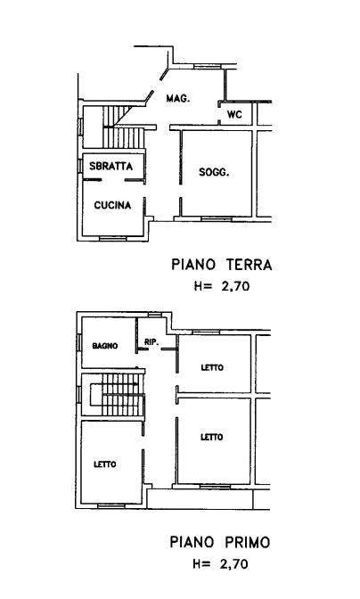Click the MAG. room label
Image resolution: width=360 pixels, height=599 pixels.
pos(178,99)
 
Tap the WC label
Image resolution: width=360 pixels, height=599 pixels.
pos(234,114)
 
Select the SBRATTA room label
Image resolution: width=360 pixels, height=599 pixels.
pos(110,166)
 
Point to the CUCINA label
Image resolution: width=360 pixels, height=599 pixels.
pos(112,205)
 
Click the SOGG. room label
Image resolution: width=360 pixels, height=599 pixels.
pos(214,173)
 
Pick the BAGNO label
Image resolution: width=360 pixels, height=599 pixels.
pos(105,346)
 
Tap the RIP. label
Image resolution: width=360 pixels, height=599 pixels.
pos(151,342)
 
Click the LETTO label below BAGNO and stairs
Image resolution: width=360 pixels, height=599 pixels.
pos(105,464)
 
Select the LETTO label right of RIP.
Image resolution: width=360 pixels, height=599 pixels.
pos(212,367)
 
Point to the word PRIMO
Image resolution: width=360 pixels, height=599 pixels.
pos(247,542)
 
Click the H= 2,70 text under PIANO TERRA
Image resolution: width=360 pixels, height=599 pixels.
pos(222,286)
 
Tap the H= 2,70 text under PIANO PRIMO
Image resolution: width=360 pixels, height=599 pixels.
pos(221,564)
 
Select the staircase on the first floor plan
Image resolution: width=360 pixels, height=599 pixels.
pos(118,395)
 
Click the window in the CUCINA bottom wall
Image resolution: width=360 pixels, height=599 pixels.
pos(112,238)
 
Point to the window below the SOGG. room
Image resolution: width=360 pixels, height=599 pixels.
pos(216,219)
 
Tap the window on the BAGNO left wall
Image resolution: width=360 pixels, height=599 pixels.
pos(79,342)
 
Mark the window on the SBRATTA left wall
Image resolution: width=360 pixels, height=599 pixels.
pos(80,166)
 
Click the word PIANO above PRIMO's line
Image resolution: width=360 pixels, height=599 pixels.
pos(192,542)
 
